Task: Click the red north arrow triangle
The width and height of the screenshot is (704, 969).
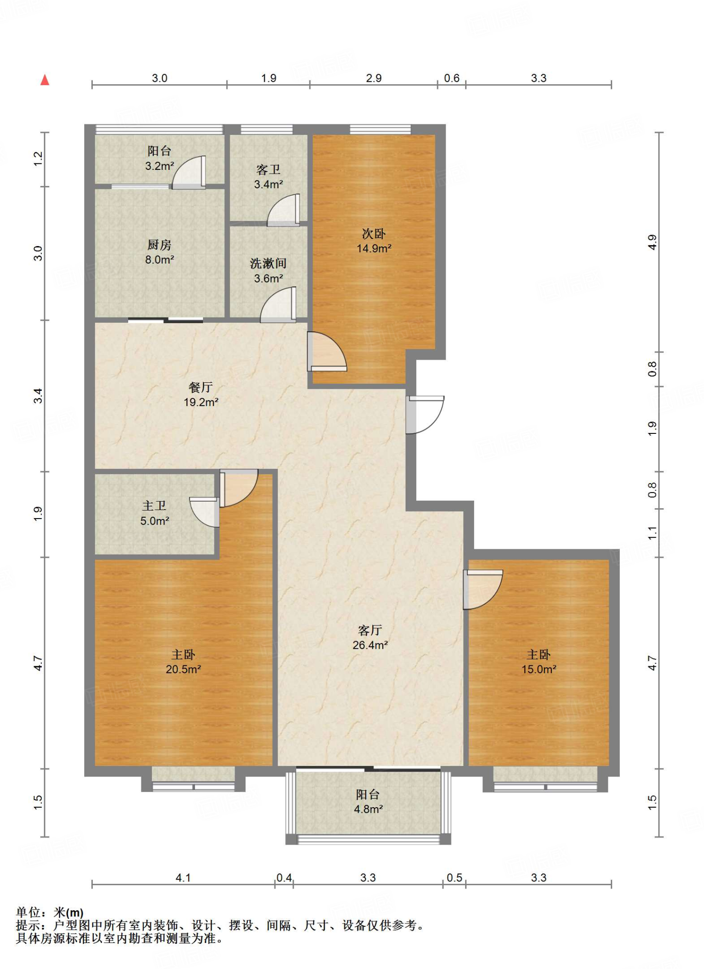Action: [45, 80]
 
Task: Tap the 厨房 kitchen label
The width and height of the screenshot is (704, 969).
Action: [159, 245]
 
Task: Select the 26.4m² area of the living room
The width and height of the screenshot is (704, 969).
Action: [370, 645]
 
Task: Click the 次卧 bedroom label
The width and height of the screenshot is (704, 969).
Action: [374, 233]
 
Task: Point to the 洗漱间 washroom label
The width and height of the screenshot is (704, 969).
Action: [268, 263]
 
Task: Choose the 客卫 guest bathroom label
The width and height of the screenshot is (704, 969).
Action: [268, 169]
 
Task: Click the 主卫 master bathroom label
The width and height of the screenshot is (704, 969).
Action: [155, 506]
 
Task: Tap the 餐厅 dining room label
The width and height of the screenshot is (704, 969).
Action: [201, 387]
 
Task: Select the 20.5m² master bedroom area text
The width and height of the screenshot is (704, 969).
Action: [184, 669]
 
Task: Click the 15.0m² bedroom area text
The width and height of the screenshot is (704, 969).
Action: [539, 669]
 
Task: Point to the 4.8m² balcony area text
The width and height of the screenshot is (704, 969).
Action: [368, 809]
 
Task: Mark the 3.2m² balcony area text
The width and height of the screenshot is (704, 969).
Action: [159, 166]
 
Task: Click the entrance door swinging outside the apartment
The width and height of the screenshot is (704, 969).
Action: [425, 414]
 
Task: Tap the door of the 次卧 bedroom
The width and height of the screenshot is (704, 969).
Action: [327, 351]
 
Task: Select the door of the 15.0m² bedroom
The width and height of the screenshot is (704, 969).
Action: [483, 590]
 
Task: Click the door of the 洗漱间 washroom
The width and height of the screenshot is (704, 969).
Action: [278, 305]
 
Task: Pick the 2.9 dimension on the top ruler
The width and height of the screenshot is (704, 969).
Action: [374, 78]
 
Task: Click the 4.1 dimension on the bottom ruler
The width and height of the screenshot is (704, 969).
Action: [183, 878]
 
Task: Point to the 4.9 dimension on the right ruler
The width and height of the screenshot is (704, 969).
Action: [652, 242]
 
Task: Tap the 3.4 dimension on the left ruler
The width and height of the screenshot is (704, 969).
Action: [38, 396]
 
